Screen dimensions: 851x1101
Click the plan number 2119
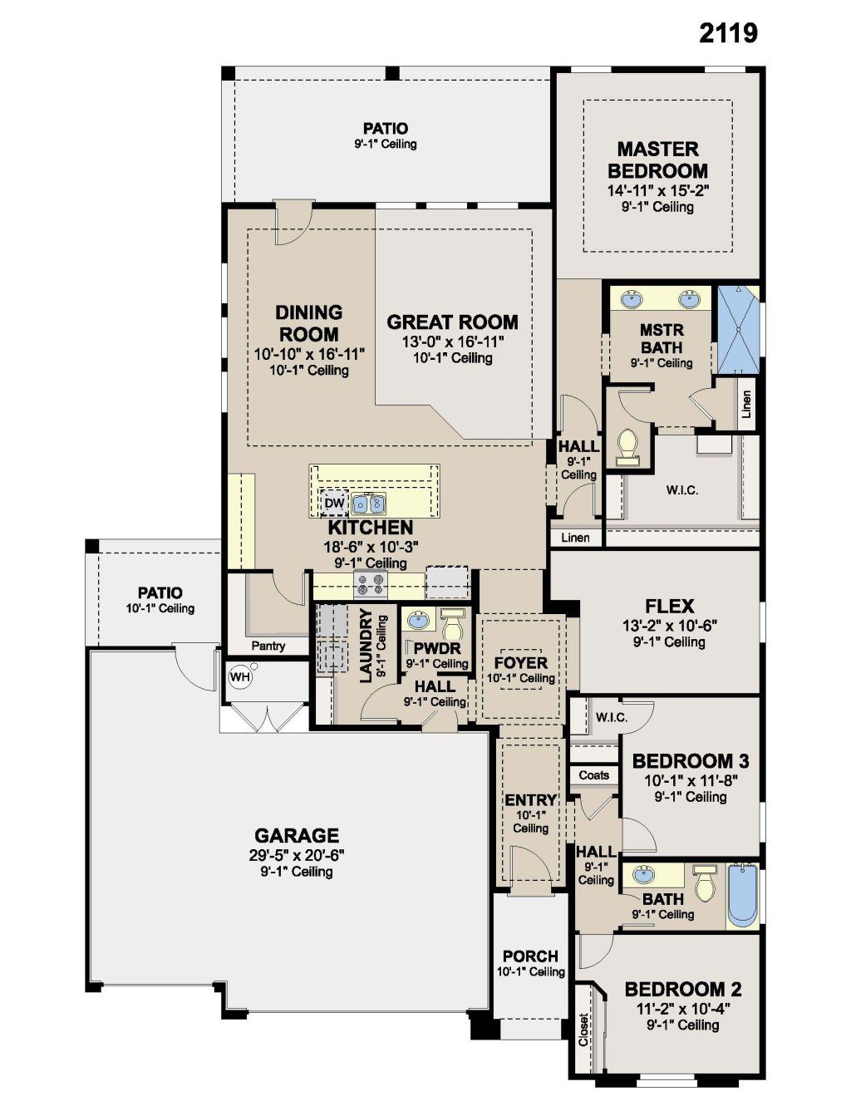(728, 33)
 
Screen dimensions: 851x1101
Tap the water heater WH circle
(240, 677)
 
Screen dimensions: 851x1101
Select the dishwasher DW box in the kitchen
(334, 503)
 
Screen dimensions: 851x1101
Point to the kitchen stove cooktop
(371, 585)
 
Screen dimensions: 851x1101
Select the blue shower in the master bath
(738, 331)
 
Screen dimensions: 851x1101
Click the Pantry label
(268, 646)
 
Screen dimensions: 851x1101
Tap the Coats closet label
(593, 774)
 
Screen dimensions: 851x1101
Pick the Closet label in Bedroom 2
(583, 1030)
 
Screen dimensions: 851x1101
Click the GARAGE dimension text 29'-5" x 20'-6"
(297, 856)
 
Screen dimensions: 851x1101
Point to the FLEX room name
(670, 606)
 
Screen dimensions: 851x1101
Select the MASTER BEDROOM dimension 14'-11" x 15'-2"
(658, 191)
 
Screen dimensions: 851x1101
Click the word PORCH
(530, 956)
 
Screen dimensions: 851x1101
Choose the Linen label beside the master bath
(746, 404)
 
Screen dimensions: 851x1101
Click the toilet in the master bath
(627, 447)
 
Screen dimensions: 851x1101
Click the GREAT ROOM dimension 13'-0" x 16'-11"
(453, 342)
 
